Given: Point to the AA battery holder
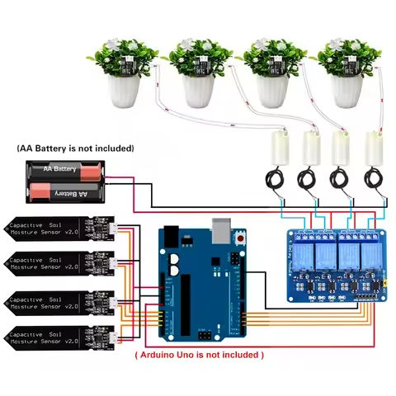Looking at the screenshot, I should pyautogui.click(x=66, y=181).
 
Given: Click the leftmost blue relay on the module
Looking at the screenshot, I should pyautogui.click(x=305, y=256).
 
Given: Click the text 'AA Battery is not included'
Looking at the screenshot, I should pyautogui.click(x=75, y=148).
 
